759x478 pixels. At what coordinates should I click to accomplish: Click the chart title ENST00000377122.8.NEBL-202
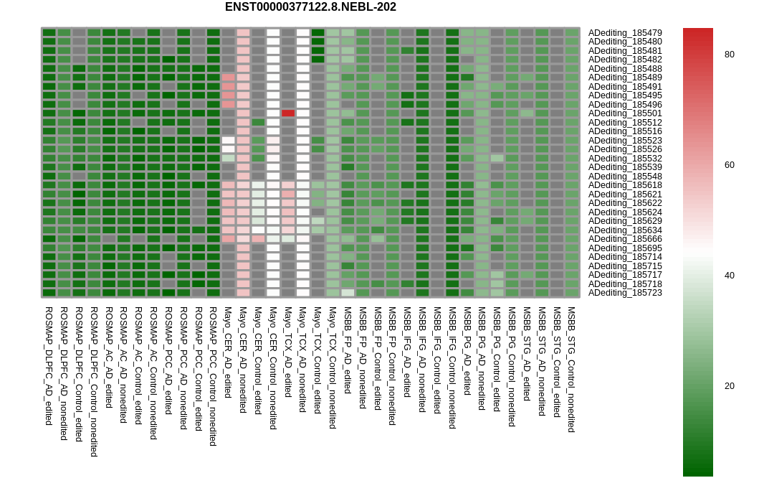pyautogui.click(x=310, y=7)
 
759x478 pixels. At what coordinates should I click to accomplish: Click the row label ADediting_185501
pyautogui.click(x=625, y=113)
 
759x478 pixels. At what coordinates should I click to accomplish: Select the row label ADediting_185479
pyautogui.click(x=625, y=33)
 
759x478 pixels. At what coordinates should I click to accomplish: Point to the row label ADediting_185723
pyautogui.click(x=625, y=293)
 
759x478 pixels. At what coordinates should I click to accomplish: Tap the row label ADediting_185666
pyautogui.click(x=625, y=239)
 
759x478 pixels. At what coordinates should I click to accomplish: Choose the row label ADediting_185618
pyautogui.click(x=625, y=185)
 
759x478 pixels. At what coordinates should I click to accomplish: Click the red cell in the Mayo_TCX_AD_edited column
pyautogui.click(x=288, y=113)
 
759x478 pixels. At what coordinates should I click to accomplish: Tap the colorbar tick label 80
pyautogui.click(x=730, y=55)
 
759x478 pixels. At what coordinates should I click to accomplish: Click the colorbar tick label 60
pyautogui.click(x=730, y=165)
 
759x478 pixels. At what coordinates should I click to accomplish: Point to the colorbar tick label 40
pyautogui.click(x=730, y=276)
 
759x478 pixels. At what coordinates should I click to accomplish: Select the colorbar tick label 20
pyautogui.click(x=730, y=386)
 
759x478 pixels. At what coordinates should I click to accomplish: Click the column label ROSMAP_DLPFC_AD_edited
pyautogui.click(x=49, y=366)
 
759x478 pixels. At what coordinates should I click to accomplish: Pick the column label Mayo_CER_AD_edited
pyautogui.click(x=228, y=352)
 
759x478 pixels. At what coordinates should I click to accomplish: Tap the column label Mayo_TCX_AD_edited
pyautogui.click(x=288, y=352)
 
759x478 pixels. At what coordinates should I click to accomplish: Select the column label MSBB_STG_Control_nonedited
pyautogui.click(x=572, y=370)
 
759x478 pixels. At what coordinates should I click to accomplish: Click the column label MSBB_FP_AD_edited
pyautogui.click(x=348, y=350)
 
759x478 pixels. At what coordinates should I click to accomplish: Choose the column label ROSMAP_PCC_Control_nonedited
pyautogui.click(x=213, y=376)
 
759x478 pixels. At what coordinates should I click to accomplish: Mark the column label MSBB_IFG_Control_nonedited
pyautogui.click(x=452, y=367)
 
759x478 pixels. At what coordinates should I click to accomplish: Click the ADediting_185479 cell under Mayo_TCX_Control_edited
pyautogui.click(x=318, y=33)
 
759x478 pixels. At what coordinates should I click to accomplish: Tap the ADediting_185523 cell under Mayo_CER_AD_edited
pyautogui.click(x=228, y=141)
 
